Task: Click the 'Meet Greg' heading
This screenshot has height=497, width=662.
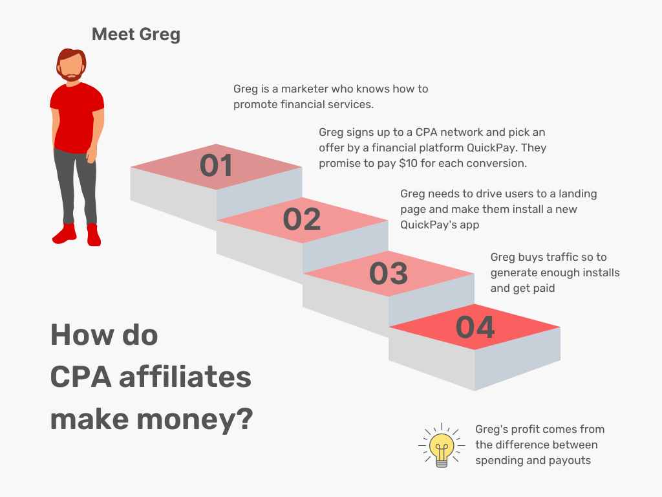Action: (x=136, y=34)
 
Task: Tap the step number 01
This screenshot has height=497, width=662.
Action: (x=216, y=166)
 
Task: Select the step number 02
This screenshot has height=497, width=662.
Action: (x=302, y=219)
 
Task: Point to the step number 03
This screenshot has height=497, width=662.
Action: (x=388, y=273)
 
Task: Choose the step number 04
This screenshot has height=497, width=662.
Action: (x=475, y=327)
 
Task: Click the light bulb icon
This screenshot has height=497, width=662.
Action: (x=442, y=446)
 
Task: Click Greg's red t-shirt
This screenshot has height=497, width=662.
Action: (x=76, y=116)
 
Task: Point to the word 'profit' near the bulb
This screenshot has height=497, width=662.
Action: (x=525, y=429)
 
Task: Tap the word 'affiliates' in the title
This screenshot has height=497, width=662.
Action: (x=185, y=377)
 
